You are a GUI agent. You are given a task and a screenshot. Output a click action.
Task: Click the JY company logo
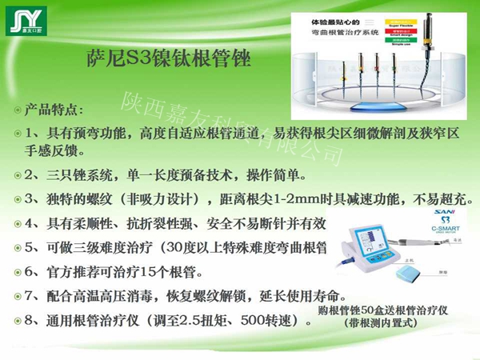30,22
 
